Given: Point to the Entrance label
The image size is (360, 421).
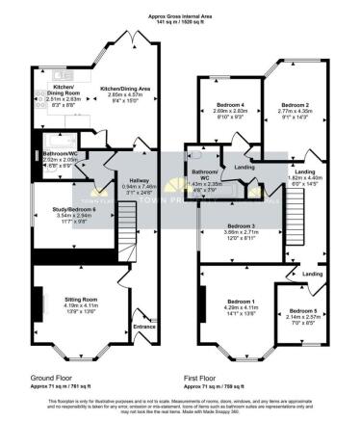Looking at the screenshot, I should pyautogui.click(x=144, y=328).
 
